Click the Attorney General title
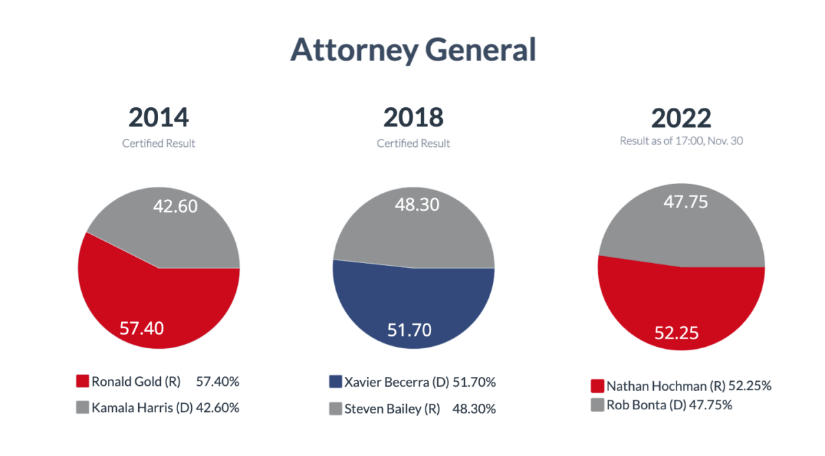412,50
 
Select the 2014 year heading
158,117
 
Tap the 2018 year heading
413,117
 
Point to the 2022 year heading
681,118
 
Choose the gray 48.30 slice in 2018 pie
412,220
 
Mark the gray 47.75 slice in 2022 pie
681,220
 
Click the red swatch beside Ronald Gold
82,382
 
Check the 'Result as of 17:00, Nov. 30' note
681,140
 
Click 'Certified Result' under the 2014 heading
158,144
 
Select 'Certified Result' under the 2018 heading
413,144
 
